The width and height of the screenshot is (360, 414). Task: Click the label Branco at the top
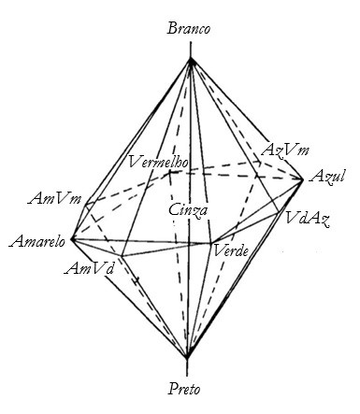click(190, 29)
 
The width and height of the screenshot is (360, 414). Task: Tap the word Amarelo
click(35, 242)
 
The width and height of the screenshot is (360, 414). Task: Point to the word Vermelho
click(160, 162)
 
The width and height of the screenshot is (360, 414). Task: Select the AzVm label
click(285, 150)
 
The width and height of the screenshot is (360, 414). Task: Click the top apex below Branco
click(191, 59)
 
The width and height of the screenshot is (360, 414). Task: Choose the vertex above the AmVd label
click(122, 255)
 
